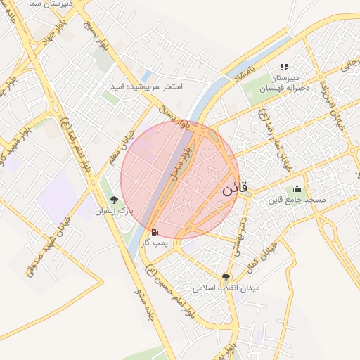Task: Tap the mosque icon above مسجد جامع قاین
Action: pyautogui.click(x=296, y=188)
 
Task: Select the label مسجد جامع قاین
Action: pyautogui.click(x=296, y=200)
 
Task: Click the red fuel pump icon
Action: pyautogui.click(x=154, y=231)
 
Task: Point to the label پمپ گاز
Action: pyautogui.click(x=156, y=243)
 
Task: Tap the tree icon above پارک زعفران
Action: pyautogui.click(x=114, y=200)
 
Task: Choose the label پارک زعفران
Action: pyautogui.click(x=114, y=211)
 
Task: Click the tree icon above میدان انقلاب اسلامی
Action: pyautogui.click(x=226, y=277)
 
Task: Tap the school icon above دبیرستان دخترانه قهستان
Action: pyautogui.click(x=285, y=67)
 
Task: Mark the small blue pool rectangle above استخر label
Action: pyautogui.click(x=146, y=75)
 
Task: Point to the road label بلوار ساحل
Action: pyautogui.click(x=178, y=161)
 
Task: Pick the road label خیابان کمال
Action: pyautogui.click(x=261, y=257)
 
